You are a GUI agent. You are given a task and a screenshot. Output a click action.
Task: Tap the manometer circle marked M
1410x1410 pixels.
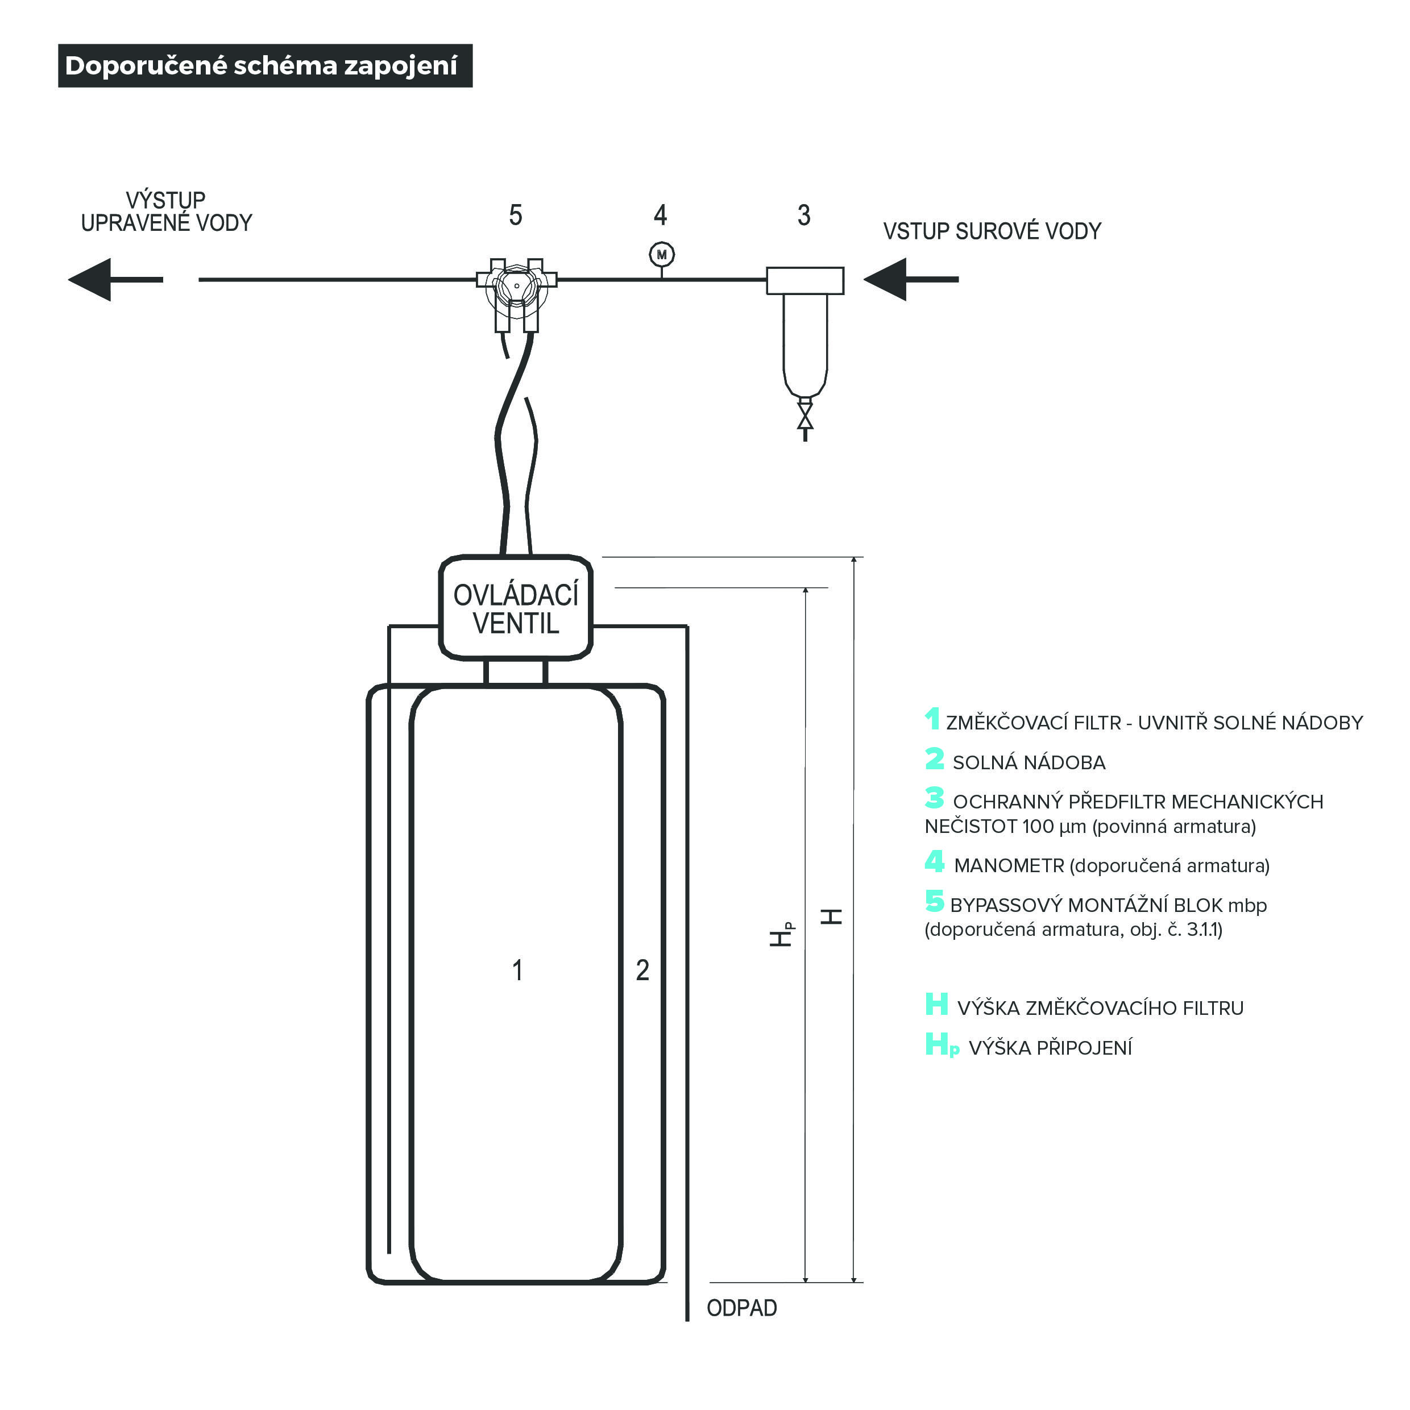[661, 255]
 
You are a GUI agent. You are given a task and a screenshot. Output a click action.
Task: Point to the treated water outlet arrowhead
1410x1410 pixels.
[91, 280]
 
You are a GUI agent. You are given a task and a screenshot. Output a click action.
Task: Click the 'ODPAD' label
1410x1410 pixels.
[741, 1308]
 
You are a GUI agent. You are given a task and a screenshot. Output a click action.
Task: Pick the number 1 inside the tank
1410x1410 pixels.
[517, 970]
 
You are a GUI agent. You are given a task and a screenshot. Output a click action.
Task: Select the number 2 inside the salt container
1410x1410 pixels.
[642, 970]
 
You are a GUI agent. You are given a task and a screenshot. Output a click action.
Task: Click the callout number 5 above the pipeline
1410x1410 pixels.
[515, 215]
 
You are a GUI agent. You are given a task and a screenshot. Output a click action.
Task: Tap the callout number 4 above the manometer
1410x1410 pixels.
[661, 215]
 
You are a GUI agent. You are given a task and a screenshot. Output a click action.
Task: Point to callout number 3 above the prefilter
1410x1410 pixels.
[803, 215]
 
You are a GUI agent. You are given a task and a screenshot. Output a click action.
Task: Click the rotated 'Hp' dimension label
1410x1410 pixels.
[782, 934]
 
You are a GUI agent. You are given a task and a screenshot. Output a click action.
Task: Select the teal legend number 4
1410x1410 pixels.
[934, 862]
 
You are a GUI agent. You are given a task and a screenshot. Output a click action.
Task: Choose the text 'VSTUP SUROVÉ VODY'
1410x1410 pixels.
[992, 231]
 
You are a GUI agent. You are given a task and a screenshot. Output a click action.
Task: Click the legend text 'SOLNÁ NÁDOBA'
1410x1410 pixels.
[1029, 762]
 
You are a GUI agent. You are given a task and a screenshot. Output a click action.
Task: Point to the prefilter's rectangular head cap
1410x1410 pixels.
[805, 281]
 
